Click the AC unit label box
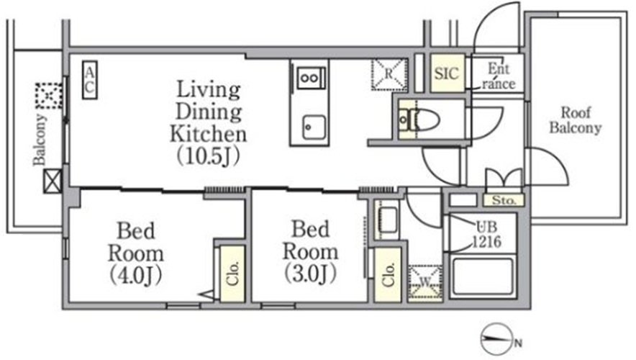(90, 79)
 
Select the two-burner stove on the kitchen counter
(311, 78)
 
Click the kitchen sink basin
(314, 127)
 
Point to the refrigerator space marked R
(389, 74)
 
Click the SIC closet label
(447, 73)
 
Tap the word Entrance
(499, 76)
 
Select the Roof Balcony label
(575, 120)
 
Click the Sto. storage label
(504, 200)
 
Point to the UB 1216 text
(486, 234)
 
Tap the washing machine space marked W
(424, 282)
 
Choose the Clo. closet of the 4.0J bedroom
(232, 274)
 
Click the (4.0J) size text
(136, 276)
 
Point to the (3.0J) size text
(310, 274)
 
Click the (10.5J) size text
(209, 156)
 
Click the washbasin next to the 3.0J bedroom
(387, 220)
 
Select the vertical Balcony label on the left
(40, 140)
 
